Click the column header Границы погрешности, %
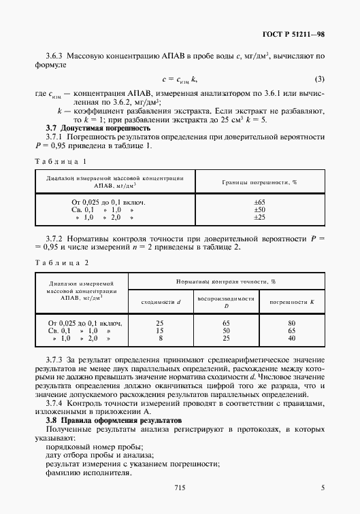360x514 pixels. [259, 182]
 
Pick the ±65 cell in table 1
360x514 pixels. [259, 203]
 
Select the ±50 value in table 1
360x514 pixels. [259, 210]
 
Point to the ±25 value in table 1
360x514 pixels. [259, 217]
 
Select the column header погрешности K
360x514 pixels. [291, 300]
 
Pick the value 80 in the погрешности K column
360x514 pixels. [291, 323]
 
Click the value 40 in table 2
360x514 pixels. [291, 337]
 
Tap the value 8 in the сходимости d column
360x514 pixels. [160, 337]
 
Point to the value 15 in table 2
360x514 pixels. [160, 330]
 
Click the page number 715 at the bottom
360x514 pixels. [180, 487]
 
